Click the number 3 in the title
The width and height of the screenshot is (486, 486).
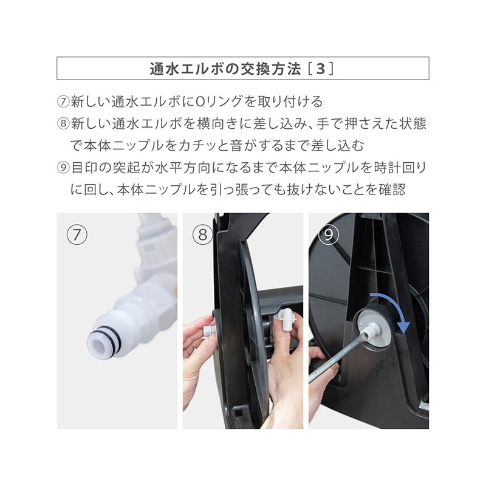[321, 69]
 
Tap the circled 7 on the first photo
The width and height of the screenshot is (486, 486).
[77, 234]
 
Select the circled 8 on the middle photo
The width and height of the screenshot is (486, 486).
[203, 234]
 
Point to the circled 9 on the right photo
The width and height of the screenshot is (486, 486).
[329, 234]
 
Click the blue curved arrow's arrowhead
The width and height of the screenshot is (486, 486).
[403, 327]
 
